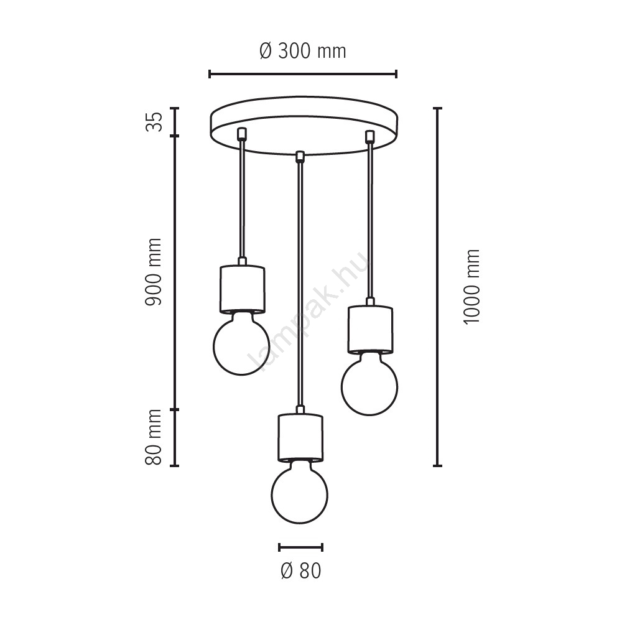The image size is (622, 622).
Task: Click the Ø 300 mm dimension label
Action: click(x=303, y=51)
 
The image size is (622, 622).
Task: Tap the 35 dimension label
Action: click(x=154, y=121)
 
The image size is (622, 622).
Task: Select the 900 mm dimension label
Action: click(x=154, y=272)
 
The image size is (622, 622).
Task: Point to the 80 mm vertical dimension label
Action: click(x=154, y=437)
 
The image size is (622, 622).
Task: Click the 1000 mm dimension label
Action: click(x=471, y=287)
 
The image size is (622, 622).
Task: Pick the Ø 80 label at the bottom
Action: click(x=300, y=571)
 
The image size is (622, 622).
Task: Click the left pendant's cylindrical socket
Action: click(x=242, y=289)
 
